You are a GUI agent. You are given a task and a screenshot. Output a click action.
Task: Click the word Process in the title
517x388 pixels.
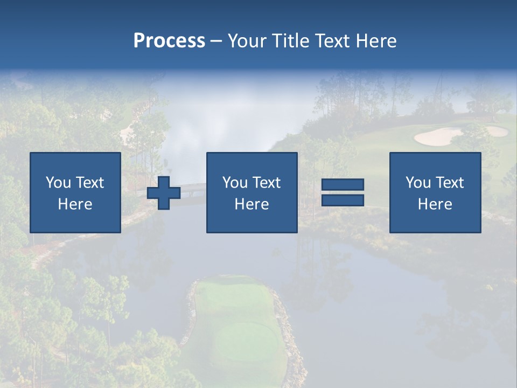click(x=169, y=41)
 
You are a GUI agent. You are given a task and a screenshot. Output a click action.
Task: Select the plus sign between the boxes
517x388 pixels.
click(x=164, y=193)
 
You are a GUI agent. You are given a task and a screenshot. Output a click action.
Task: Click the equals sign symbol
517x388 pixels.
click(x=343, y=192)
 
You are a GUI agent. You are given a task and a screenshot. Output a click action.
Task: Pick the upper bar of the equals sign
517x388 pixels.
click(x=343, y=185)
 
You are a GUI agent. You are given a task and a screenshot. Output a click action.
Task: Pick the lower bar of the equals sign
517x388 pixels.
click(x=343, y=200)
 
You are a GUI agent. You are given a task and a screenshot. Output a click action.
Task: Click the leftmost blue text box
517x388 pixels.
click(x=75, y=192)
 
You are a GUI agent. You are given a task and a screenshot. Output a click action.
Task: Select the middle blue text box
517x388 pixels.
click(x=251, y=192)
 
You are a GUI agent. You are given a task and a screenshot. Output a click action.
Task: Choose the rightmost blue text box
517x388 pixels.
click(x=435, y=192)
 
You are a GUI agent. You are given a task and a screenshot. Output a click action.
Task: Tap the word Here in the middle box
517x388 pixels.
click(x=251, y=204)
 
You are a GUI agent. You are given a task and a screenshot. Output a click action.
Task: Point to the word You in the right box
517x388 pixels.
click(x=418, y=183)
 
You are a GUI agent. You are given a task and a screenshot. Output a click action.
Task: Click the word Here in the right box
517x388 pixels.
click(x=435, y=204)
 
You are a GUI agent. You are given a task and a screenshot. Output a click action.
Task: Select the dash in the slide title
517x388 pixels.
click(x=216, y=41)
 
